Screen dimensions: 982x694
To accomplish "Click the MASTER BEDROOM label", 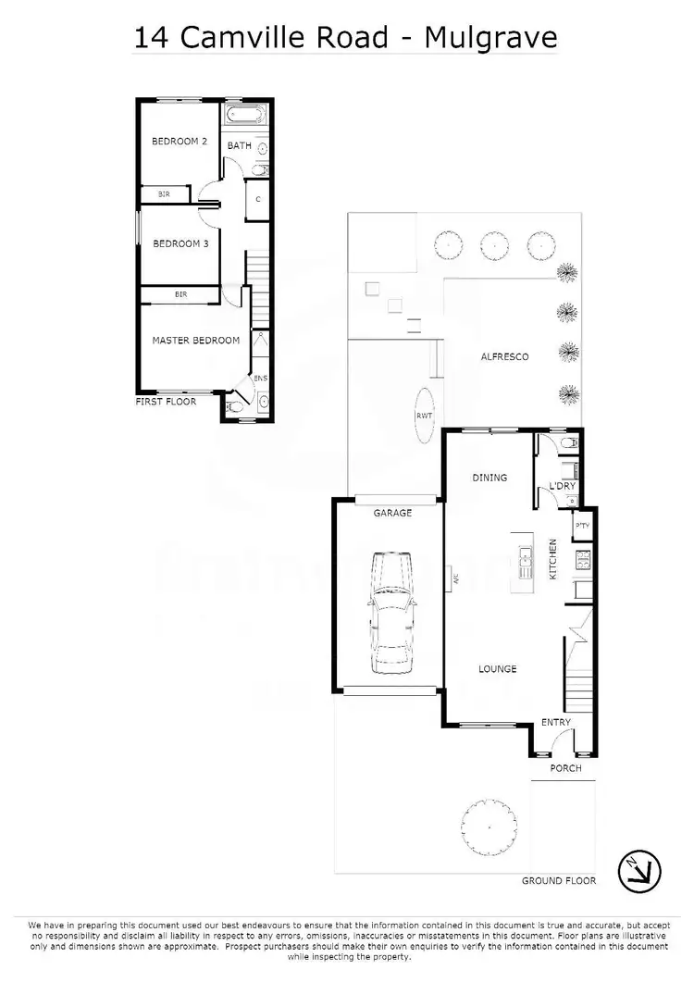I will [196, 341].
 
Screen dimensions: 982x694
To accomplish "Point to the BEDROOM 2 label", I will [179, 142].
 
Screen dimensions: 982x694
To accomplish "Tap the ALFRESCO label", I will [504, 356].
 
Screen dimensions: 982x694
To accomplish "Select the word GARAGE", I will [392, 513].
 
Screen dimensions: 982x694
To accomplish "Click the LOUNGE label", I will [497, 668].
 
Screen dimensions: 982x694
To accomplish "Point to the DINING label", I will [490, 478].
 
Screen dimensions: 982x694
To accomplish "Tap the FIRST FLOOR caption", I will [166, 402].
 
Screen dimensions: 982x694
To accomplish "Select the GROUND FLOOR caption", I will [559, 880].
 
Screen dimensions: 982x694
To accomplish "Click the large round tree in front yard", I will [488, 820].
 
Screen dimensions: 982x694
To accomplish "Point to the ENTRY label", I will [555, 722].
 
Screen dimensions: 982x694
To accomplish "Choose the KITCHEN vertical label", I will [553, 559].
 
